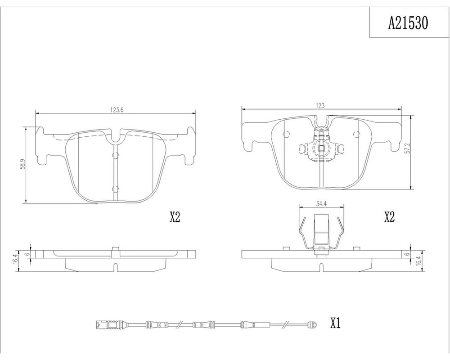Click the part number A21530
click(408, 23)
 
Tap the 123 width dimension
click(320, 105)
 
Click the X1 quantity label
click(335, 324)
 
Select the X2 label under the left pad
click(175, 217)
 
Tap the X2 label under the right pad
click(389, 217)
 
